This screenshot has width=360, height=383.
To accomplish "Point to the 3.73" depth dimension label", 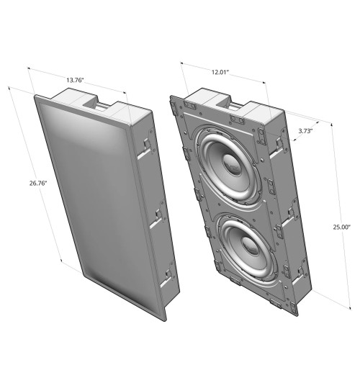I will (305, 130).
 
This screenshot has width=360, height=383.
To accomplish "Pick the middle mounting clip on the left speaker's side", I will (156, 213).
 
